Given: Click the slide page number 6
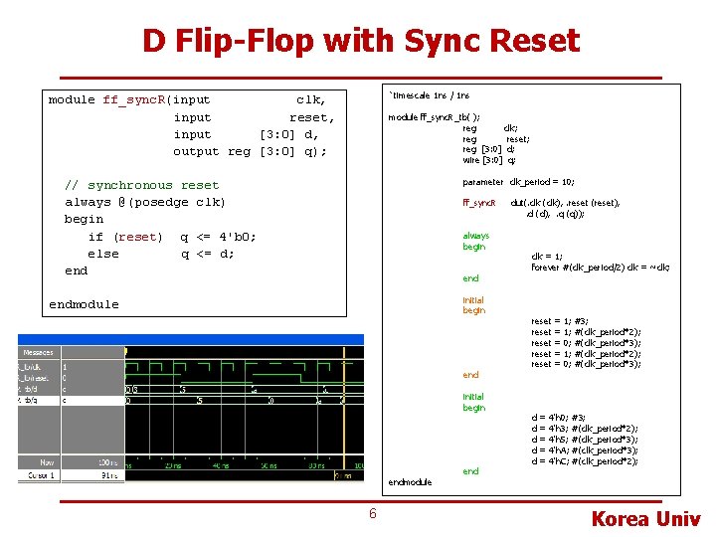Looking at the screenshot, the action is click(x=372, y=513).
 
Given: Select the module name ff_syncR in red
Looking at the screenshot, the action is click(x=134, y=99).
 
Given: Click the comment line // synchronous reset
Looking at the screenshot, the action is click(x=141, y=185).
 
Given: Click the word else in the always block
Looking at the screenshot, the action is click(x=103, y=254).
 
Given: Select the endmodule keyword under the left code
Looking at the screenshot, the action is click(x=84, y=304).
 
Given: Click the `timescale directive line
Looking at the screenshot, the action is click(x=430, y=95).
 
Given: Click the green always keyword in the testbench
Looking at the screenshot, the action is click(x=475, y=236).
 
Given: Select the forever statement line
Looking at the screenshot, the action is click(x=600, y=267).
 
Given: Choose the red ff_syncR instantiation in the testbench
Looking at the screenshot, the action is click(x=479, y=203).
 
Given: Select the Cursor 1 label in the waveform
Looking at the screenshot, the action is click(x=39, y=475).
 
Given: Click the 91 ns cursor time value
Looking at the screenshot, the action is click(x=106, y=475).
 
